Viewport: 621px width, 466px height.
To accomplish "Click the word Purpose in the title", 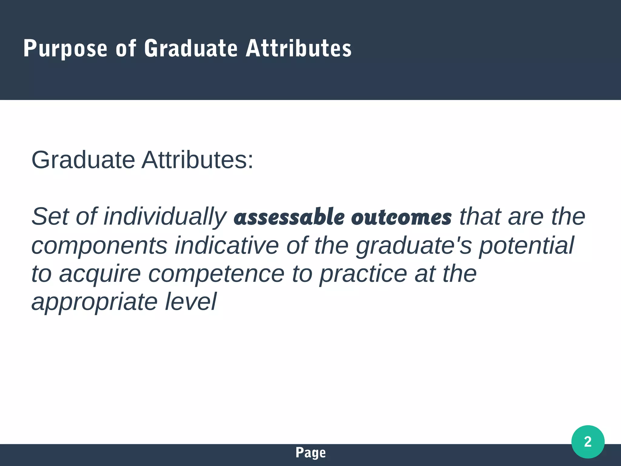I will pyautogui.click(x=65, y=49).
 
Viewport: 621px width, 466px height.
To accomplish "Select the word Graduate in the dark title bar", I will pyautogui.click(x=191, y=49).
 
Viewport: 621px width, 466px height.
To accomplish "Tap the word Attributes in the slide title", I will pyautogui.click(x=299, y=49).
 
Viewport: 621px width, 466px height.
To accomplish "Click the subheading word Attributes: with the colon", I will pyautogui.click(x=197, y=160).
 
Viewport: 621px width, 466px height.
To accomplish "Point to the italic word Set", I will pyautogui.click(x=50, y=216).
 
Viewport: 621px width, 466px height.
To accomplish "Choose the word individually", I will pyautogui.click(x=165, y=216).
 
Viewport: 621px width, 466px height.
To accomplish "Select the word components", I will pyautogui.click(x=99, y=245).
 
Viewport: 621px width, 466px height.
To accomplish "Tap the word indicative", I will pyautogui.click(x=227, y=245).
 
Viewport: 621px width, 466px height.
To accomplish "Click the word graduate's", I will pyautogui.click(x=414, y=245).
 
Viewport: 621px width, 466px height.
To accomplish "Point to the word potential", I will pyautogui.click(x=526, y=245).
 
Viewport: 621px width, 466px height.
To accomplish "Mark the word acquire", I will pyautogui.click(x=100, y=274).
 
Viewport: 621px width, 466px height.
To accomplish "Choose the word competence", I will pyautogui.click(x=216, y=274).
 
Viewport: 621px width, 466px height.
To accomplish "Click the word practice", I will pyautogui.click(x=363, y=274).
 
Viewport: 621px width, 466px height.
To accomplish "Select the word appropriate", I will pyautogui.click(x=94, y=302).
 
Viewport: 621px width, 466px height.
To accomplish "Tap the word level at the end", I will pyautogui.click(x=191, y=302).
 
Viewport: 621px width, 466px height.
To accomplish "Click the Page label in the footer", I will pyautogui.click(x=310, y=453).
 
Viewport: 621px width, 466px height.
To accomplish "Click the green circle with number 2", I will pyautogui.click(x=588, y=442).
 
